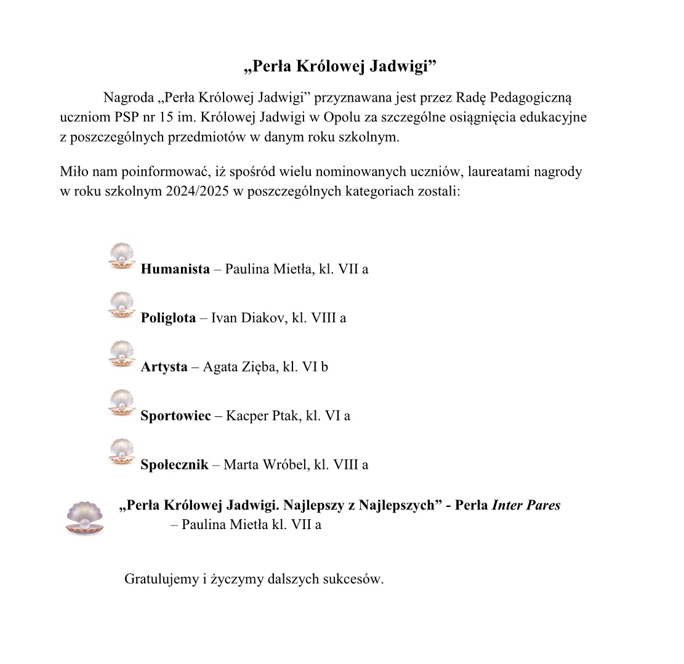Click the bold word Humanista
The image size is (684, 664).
point(175,269)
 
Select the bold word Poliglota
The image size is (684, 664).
point(168,318)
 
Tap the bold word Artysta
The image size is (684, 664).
point(164,366)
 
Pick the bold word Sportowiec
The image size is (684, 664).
point(176,415)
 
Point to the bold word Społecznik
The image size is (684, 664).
point(174,464)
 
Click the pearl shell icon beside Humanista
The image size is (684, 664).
point(121,256)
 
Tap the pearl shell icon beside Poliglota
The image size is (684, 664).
point(121,305)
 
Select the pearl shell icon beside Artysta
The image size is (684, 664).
point(121,354)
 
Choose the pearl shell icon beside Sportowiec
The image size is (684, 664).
point(121,402)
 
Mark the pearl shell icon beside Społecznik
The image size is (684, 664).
point(121,451)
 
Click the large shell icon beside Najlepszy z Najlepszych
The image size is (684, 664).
point(84,517)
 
